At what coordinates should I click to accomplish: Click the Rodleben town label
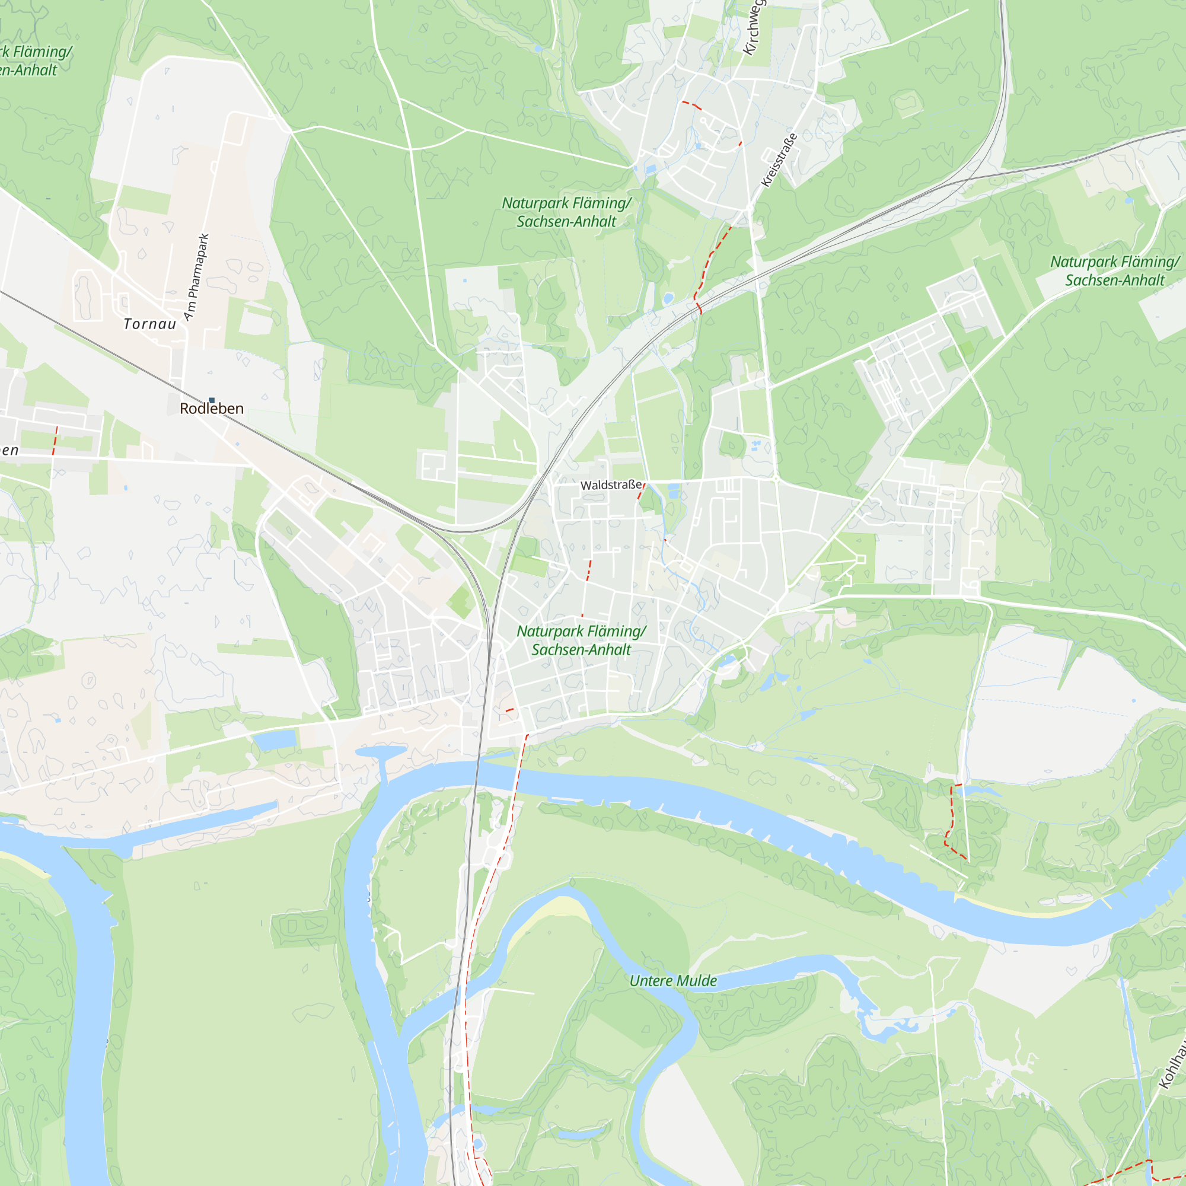[211, 409]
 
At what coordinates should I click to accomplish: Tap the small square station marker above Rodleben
[212, 400]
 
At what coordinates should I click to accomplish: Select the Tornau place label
[150, 324]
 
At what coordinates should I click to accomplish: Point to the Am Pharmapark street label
[197, 277]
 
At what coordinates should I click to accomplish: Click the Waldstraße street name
[611, 485]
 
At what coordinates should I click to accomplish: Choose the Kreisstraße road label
[779, 160]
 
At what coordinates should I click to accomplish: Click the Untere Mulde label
[673, 981]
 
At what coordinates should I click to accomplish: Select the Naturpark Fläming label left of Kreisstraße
[566, 212]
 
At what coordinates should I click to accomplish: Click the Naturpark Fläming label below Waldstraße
[581, 640]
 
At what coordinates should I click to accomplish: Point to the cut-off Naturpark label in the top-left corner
[31, 60]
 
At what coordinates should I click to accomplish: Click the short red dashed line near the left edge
[55, 441]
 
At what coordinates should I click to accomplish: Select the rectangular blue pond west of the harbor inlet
[275, 740]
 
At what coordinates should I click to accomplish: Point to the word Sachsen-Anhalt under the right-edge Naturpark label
[1114, 280]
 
